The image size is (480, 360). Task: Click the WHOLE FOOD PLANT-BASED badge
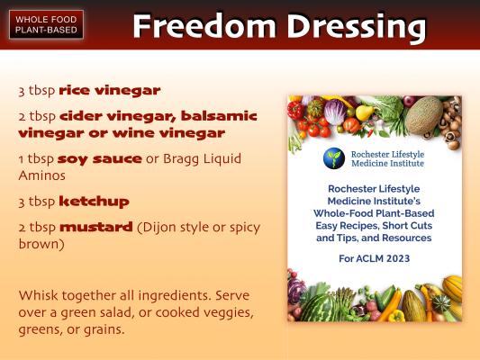click(46, 24)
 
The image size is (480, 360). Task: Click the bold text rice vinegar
click(110, 91)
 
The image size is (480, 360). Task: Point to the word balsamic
click(219, 116)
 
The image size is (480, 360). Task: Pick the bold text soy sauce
click(99, 159)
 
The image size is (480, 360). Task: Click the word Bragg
click(181, 159)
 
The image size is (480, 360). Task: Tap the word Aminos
click(42, 175)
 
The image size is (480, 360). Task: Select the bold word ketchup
click(94, 202)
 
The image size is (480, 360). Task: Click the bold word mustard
click(96, 227)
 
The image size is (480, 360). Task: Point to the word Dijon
click(157, 228)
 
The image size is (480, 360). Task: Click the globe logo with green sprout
click(334, 158)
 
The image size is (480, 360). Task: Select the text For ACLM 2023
click(374, 258)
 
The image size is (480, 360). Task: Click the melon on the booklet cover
click(424, 114)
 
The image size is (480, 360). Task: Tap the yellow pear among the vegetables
click(364, 112)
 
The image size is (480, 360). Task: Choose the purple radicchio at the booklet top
click(335, 112)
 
